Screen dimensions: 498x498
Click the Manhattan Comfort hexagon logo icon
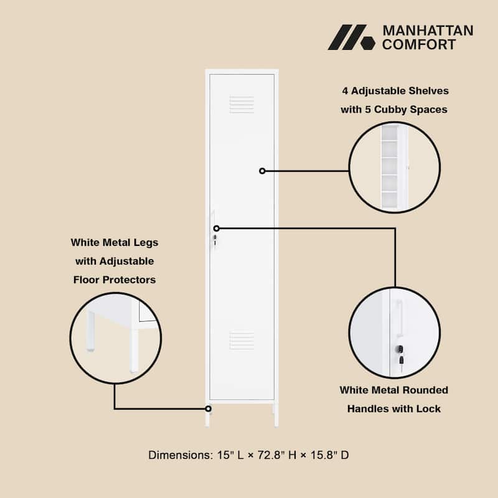[x=351, y=37]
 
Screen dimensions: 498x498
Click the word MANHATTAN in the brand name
[x=428, y=31]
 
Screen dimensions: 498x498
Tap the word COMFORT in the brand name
[x=419, y=44]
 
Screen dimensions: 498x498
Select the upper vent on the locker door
[x=242, y=104]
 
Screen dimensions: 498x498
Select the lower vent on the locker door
[x=242, y=340]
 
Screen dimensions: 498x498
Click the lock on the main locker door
[x=215, y=239]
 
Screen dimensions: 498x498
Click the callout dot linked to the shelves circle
[x=262, y=171]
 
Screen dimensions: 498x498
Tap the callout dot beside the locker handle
[x=217, y=228]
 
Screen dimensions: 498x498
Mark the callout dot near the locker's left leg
[x=209, y=408]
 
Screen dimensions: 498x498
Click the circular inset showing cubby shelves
[x=394, y=167]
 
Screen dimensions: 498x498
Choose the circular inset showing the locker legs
[x=116, y=337]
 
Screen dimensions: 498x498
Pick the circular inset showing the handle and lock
[x=394, y=332]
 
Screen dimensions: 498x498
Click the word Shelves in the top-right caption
[x=427, y=91]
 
